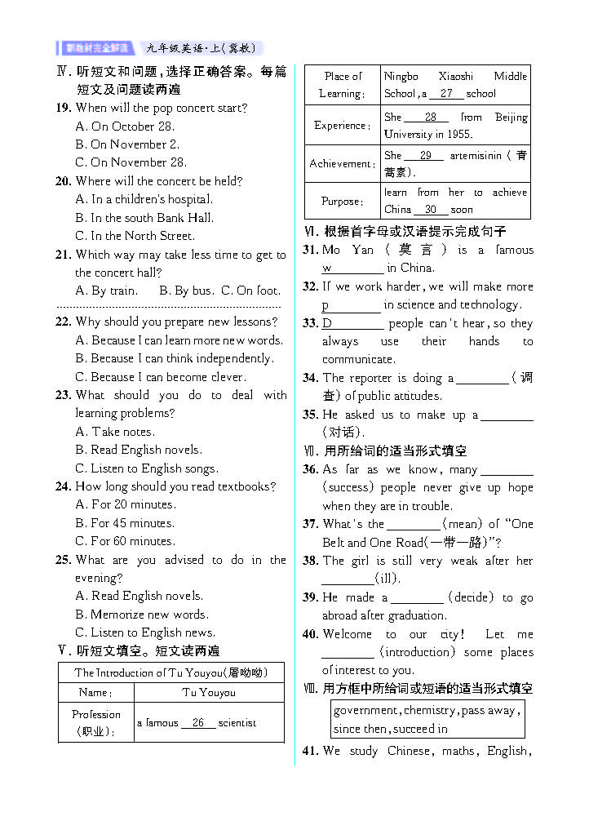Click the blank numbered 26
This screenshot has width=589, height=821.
pos(198,723)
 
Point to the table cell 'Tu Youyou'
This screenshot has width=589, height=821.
pos(208,693)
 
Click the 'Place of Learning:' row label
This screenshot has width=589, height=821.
pos(342,85)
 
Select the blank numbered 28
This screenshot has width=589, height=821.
pos(431,118)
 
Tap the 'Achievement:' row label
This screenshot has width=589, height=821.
pos(342,164)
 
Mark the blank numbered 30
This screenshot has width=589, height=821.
pos(430,210)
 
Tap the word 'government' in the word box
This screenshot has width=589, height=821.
pos(366,711)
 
